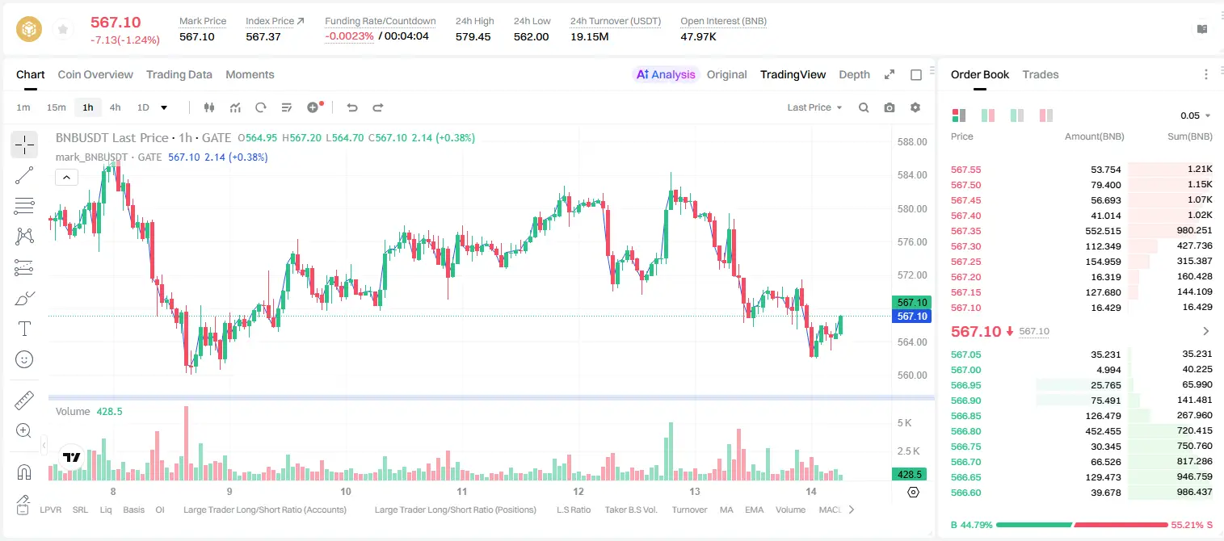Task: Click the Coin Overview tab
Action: (95, 74)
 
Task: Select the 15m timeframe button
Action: (56, 107)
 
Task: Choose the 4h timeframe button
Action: (115, 107)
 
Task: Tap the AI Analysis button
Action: (666, 74)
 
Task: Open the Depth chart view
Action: (854, 74)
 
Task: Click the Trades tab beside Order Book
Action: (1041, 74)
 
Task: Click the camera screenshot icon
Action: (889, 107)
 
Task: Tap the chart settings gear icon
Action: (915, 107)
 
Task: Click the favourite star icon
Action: (63, 29)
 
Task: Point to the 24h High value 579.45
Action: (473, 36)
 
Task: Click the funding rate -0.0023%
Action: (349, 36)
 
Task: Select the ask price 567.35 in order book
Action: (965, 231)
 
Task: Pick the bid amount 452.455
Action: (1103, 431)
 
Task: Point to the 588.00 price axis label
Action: (912, 142)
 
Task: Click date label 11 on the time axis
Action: (462, 491)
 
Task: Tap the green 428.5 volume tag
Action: (909, 475)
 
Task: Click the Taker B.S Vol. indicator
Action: (630, 510)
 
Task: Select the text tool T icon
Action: (24, 329)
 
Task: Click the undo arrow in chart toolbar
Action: (352, 107)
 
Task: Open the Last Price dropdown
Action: (814, 107)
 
